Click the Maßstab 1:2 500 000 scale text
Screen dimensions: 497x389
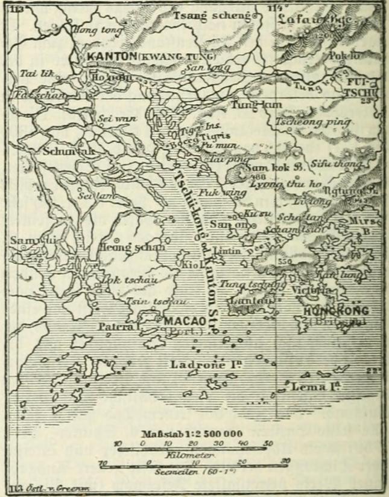193,434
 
